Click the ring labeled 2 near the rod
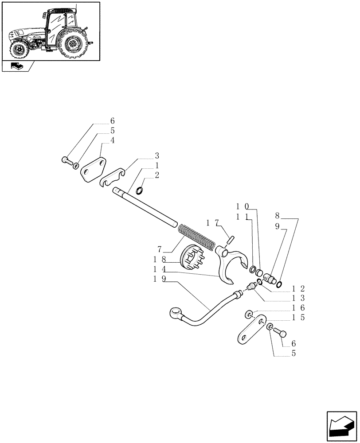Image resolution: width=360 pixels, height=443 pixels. pyautogui.click(x=139, y=191)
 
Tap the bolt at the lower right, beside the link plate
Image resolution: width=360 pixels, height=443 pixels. pyautogui.click(x=281, y=332)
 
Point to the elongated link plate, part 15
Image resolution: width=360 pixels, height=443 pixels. pyautogui.click(x=251, y=330)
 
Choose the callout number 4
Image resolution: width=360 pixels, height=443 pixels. pyautogui.click(x=112, y=140)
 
